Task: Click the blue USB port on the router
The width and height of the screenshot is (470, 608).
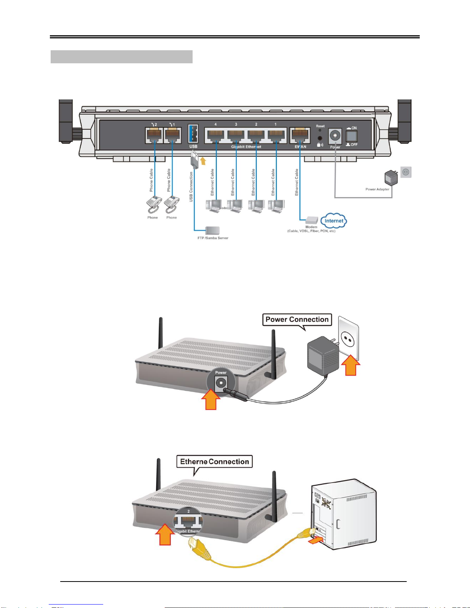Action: click(193, 134)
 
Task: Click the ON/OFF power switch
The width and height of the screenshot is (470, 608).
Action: click(351, 136)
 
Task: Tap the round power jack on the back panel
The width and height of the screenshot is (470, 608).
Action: click(335, 136)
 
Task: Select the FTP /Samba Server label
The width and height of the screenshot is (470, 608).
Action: click(213, 238)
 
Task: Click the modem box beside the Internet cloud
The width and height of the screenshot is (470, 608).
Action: click(312, 220)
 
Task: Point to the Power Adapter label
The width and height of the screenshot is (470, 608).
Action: click(377, 189)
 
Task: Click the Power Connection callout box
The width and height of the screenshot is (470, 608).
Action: click(297, 320)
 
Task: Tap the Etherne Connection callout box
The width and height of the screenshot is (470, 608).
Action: click(214, 461)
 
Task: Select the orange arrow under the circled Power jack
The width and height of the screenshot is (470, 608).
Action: click(211, 400)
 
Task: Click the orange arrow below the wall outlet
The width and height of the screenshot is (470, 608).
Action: click(351, 366)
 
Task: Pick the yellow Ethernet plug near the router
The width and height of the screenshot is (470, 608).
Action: click(200, 549)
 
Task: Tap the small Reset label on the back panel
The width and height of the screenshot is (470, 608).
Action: click(320, 126)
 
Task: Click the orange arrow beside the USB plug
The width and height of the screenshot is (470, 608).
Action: click(203, 160)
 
